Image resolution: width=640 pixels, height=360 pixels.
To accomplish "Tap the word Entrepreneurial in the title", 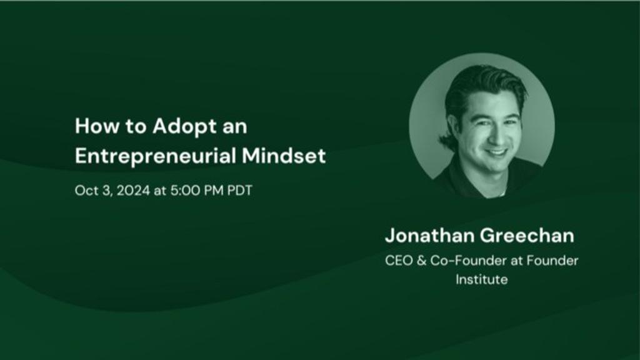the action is pos(156,156).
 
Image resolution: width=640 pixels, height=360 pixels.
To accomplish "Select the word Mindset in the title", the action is pos(284,156).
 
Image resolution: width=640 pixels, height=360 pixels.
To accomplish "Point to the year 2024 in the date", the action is pos(134,191).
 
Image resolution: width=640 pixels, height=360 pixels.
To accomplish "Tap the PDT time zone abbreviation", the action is pos(239,191).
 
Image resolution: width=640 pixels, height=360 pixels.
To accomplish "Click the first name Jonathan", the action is pos(429,236).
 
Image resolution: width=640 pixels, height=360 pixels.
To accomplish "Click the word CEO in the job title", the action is pos(399,261).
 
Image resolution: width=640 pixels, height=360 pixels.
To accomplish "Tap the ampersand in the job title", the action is pos(422,261).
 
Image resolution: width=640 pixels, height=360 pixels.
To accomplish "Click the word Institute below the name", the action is pos(482,279).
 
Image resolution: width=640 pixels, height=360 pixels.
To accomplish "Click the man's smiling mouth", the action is pos(496,153).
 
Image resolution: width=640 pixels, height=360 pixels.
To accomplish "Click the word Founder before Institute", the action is pos(552,261).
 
